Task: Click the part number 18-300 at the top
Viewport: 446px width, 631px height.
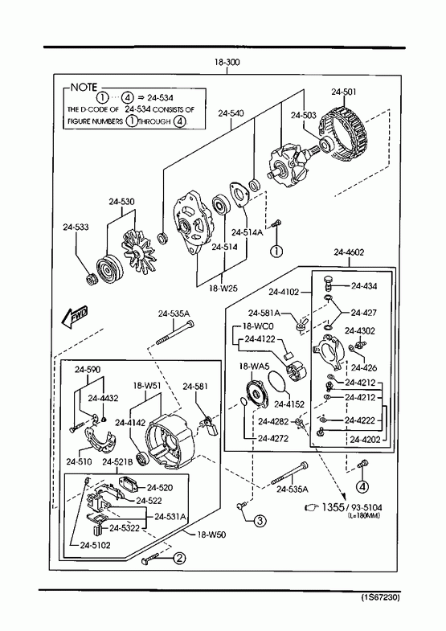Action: pyautogui.click(x=227, y=62)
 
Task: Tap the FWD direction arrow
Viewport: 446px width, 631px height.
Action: pyautogui.click(x=74, y=317)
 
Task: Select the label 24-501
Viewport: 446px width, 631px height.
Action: pyautogui.click(x=344, y=92)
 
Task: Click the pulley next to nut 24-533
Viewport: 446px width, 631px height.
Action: pyautogui.click(x=107, y=268)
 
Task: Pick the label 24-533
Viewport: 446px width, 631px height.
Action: pyautogui.click(x=76, y=227)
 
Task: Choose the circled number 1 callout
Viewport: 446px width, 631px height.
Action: pyautogui.click(x=276, y=251)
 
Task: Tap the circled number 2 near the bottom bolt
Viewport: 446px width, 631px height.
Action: pyautogui.click(x=179, y=558)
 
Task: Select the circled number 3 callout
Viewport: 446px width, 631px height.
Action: pyautogui.click(x=260, y=521)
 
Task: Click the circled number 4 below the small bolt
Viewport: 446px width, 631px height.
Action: pyautogui.click(x=362, y=486)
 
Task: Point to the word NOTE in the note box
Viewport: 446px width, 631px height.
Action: pyautogui.click(x=84, y=88)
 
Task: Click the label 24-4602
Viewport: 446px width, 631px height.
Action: pyautogui.click(x=349, y=252)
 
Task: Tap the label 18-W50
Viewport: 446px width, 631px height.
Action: pyautogui.click(x=211, y=535)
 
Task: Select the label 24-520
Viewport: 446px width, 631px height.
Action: pyautogui.click(x=160, y=488)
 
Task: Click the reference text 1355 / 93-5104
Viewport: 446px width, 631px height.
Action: pyautogui.click(x=352, y=507)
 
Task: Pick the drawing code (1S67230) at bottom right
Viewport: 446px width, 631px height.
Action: pyautogui.click(x=380, y=597)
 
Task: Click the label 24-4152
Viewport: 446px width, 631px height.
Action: pyautogui.click(x=289, y=404)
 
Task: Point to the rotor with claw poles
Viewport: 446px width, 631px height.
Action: pyautogui.click(x=288, y=166)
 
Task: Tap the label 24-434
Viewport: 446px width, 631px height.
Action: pyautogui.click(x=364, y=286)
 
